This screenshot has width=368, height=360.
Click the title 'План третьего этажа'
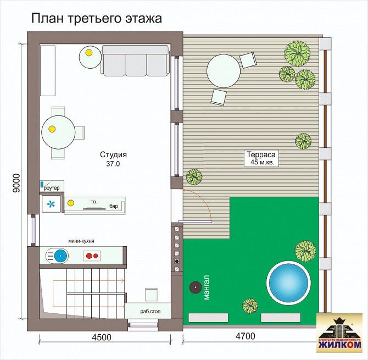(x=97, y=18)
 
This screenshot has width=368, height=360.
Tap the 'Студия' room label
(x=113, y=154)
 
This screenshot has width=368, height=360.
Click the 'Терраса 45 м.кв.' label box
(x=261, y=158)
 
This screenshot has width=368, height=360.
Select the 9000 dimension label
(x=16, y=184)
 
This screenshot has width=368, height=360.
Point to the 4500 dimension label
(x=102, y=337)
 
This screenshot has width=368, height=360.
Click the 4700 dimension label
(x=246, y=336)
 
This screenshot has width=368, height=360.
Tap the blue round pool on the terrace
(x=289, y=283)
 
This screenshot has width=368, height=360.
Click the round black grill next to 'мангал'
(x=196, y=287)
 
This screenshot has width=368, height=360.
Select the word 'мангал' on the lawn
(x=207, y=287)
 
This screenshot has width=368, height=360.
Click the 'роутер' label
(x=52, y=187)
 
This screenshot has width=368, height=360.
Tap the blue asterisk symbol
(x=51, y=204)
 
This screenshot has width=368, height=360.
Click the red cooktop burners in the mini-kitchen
(x=92, y=256)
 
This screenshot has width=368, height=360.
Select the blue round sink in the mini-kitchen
(x=61, y=256)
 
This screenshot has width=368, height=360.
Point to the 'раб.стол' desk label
(x=150, y=312)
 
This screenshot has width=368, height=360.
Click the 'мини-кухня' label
(x=81, y=241)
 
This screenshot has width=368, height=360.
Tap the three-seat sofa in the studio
(x=135, y=61)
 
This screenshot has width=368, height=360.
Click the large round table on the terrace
(x=224, y=71)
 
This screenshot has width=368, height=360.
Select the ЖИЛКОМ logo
(x=339, y=333)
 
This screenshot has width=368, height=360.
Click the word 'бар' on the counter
(x=114, y=206)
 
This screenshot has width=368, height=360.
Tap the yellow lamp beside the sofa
(x=89, y=53)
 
